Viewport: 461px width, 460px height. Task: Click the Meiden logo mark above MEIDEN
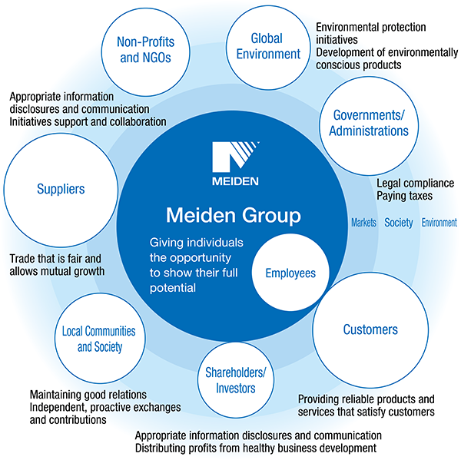tap(237, 157)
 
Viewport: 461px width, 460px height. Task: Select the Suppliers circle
tap(60, 189)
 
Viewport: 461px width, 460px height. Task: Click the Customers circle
tap(370, 330)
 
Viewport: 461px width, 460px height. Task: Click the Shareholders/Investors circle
tap(235, 380)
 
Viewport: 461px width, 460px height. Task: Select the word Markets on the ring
tap(363, 223)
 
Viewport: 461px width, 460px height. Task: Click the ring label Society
tap(399, 223)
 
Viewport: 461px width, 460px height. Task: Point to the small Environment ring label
tap(437, 223)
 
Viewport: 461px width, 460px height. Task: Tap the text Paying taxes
tap(404, 197)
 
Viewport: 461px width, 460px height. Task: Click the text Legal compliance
tap(415, 184)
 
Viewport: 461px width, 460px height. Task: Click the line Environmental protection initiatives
tap(370, 33)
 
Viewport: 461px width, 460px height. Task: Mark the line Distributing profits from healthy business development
tap(256, 448)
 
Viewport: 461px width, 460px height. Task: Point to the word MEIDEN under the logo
tap(237, 181)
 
